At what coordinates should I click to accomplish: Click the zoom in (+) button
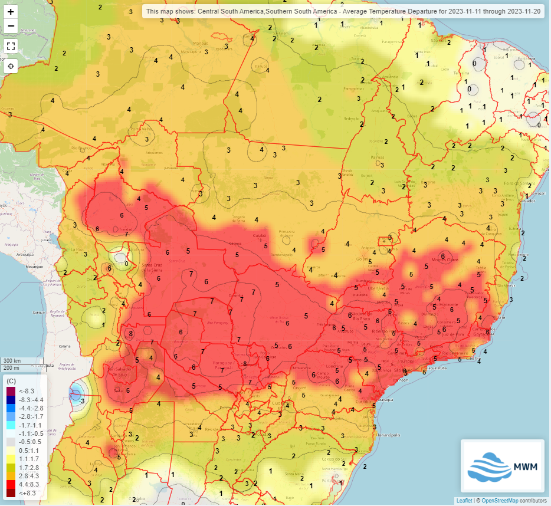pos(11,12)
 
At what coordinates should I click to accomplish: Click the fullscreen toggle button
pos(11,45)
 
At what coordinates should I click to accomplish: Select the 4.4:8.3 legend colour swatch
pos(10,483)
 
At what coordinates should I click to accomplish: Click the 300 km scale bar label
pos(12,360)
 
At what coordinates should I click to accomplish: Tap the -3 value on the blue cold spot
pos(82,401)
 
